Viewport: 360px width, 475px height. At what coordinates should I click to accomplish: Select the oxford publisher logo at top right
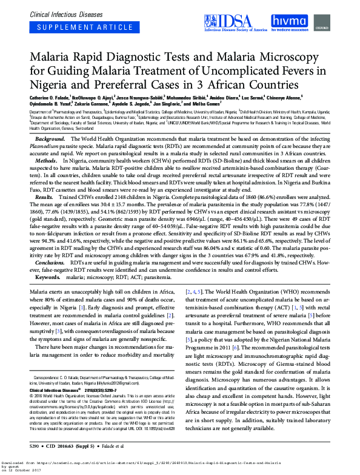tap(339, 27)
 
